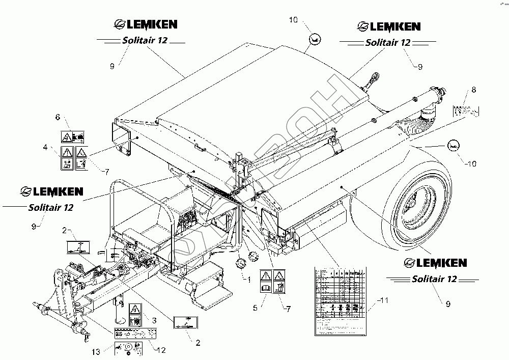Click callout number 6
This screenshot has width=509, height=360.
click(x=56, y=117)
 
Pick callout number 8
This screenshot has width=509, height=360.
click(x=473, y=90)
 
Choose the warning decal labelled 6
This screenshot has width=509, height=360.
click(x=73, y=136)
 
